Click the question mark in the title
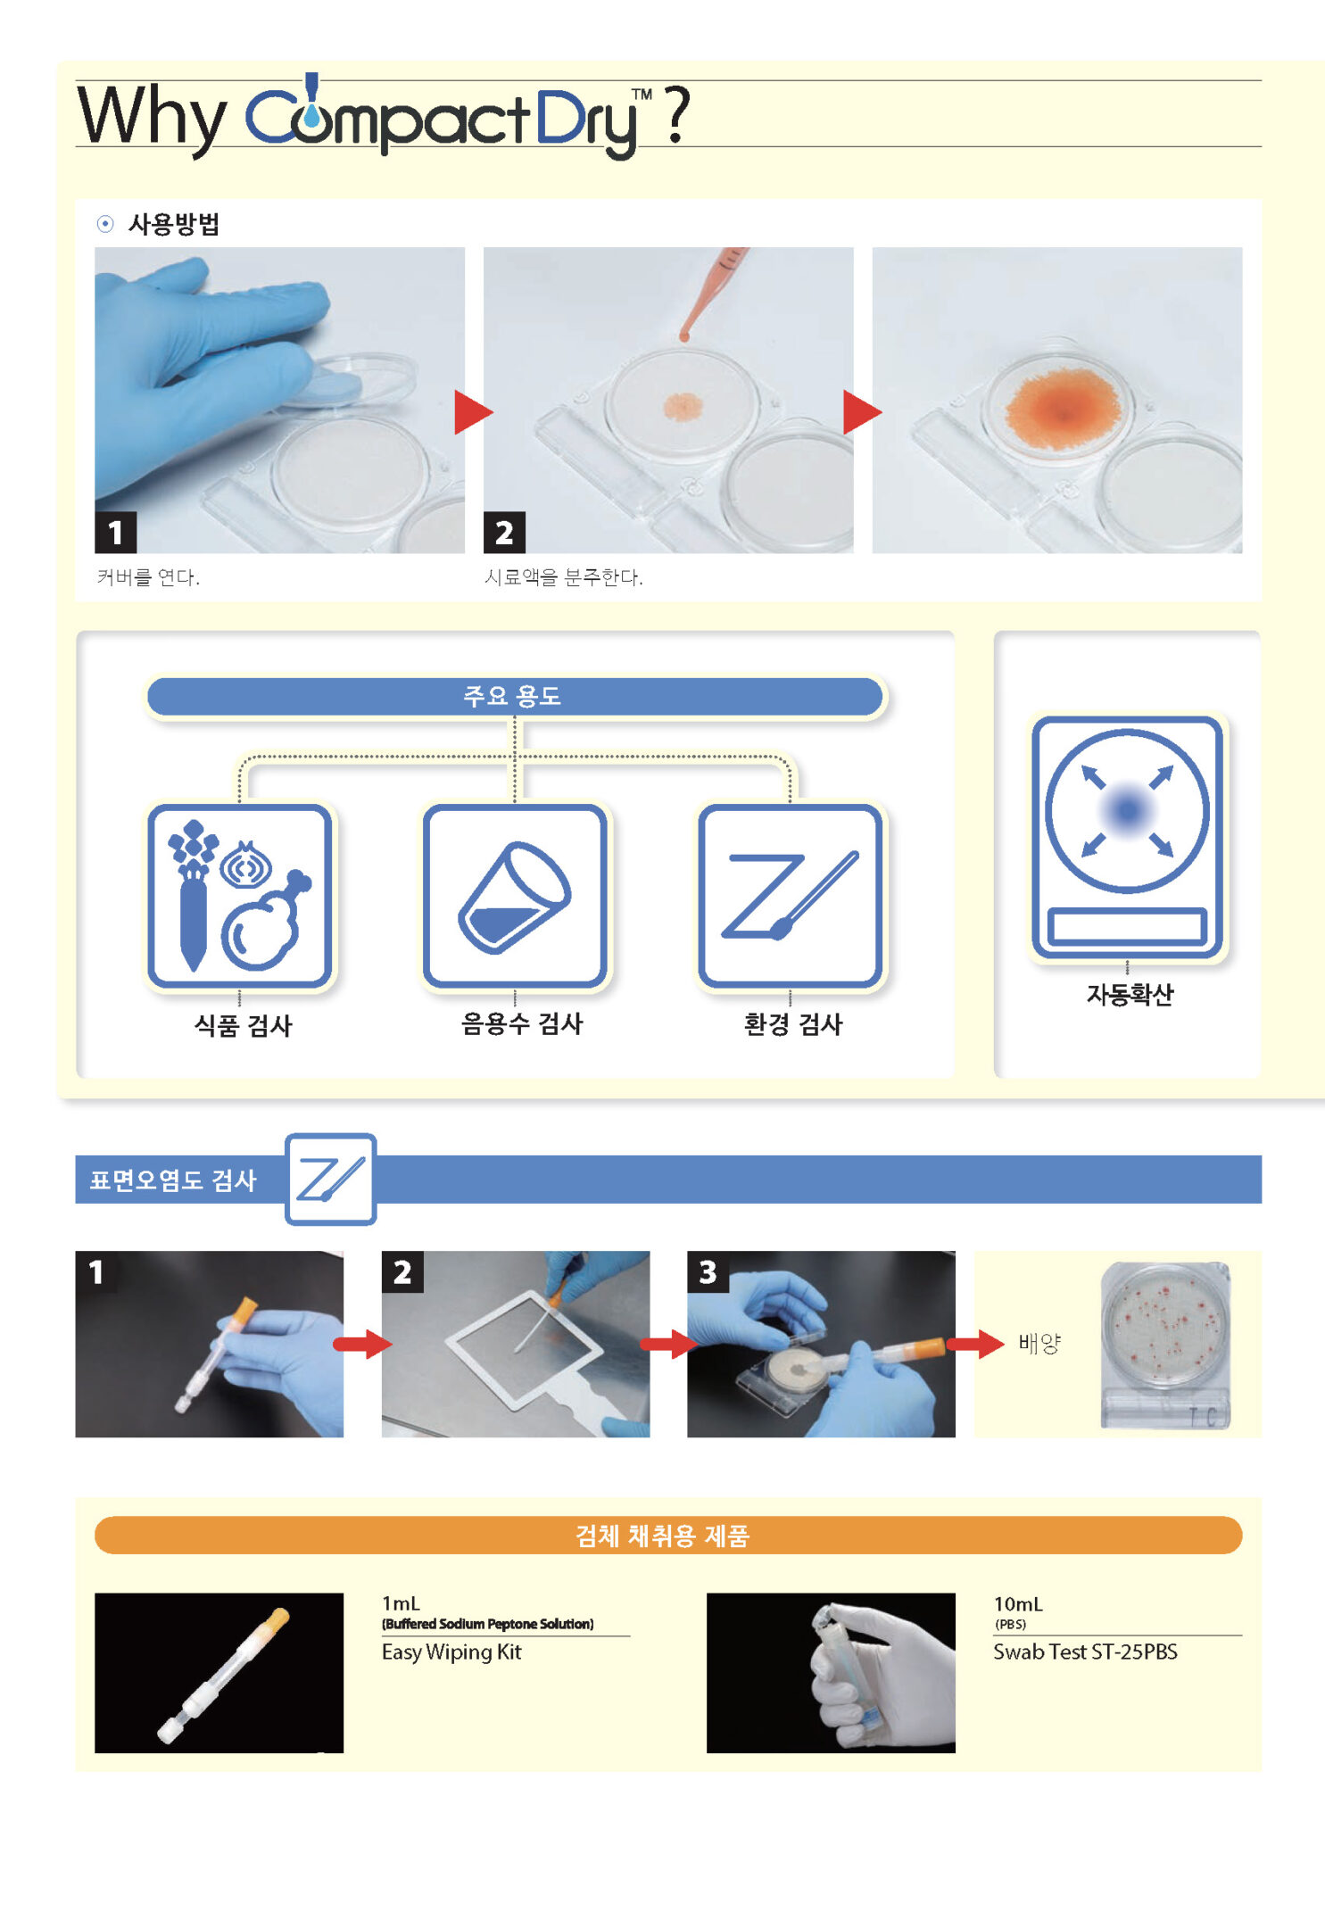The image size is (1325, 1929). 677,115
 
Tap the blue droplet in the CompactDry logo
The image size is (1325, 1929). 310,114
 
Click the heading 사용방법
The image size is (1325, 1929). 174,224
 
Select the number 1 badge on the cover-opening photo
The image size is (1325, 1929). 115,533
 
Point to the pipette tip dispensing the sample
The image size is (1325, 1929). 684,335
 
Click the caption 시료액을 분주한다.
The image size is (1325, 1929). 563,577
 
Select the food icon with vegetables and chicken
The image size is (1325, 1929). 239,896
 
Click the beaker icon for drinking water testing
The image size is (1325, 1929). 515,896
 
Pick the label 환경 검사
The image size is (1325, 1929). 792,1024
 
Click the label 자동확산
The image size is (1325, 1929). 1129,995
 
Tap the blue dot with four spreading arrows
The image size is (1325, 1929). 1127,811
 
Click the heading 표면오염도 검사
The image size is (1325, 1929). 173,1180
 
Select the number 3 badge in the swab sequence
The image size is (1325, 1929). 708,1272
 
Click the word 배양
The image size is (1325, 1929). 1039,1344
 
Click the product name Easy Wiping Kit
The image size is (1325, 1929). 451,1652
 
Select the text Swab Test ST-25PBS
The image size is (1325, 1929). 1085,1652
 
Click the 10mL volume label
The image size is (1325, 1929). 1018,1604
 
